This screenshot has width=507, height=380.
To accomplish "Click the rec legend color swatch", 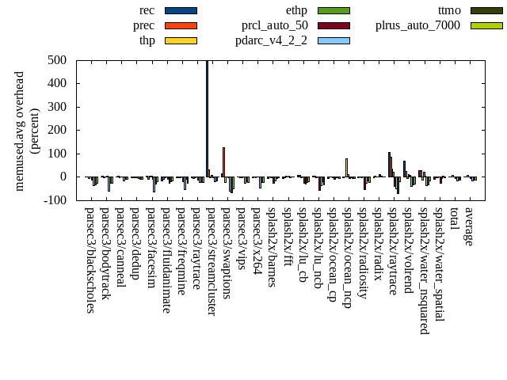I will pyautogui.click(x=181, y=10).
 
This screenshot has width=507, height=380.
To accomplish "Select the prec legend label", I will pyautogui.click(x=143, y=25).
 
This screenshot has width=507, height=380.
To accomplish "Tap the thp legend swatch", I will pyautogui.click(x=181, y=40).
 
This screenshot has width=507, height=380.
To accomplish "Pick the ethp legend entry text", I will pyautogui.click(x=296, y=10).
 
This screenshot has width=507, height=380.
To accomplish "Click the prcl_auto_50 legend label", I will pyautogui.click(x=274, y=25).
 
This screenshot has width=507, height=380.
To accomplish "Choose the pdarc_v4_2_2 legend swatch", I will pyautogui.click(x=334, y=40).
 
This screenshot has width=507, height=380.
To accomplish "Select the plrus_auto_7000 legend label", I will pyautogui.click(x=417, y=25).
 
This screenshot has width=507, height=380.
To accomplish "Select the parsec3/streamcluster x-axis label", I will pyautogui.click(x=212, y=261).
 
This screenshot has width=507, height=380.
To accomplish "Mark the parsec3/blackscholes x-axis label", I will pyautogui.click(x=90, y=260).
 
